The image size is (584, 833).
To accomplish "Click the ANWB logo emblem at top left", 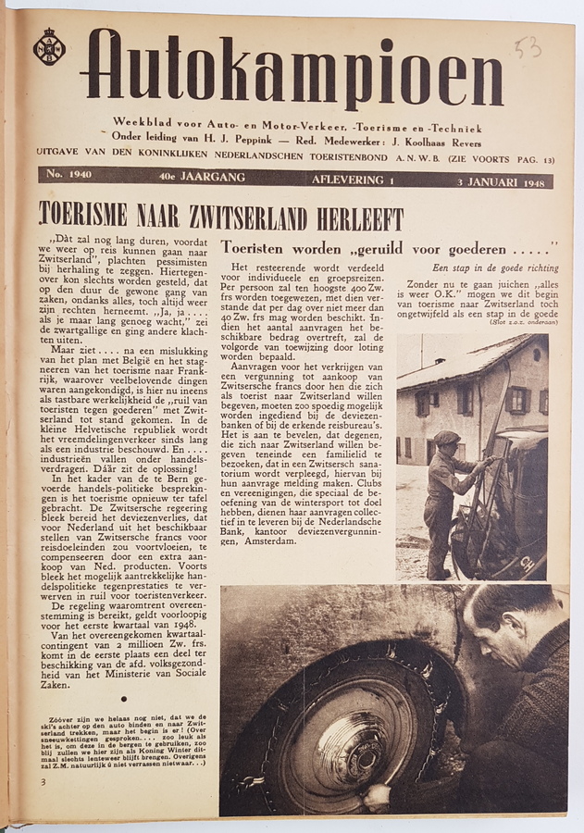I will click(x=49, y=46).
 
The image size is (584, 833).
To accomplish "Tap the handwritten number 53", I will click(x=528, y=46).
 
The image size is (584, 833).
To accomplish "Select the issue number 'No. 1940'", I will click(x=68, y=175).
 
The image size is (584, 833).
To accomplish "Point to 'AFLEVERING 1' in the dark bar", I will click(x=352, y=180).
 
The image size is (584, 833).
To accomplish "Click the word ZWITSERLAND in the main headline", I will click(x=239, y=218).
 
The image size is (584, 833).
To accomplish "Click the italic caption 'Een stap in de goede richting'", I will click(x=495, y=268).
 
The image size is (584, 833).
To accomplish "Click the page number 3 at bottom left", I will click(x=43, y=782).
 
